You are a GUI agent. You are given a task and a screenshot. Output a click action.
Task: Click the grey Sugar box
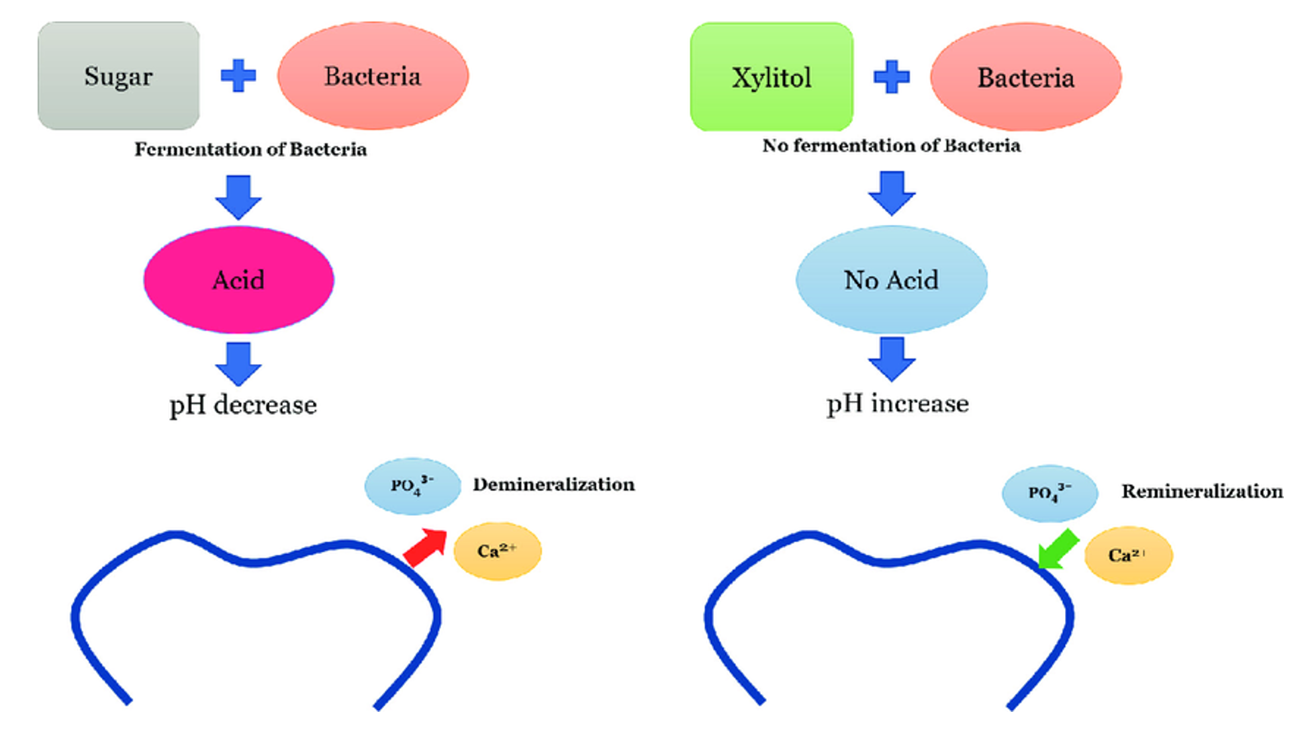(x=118, y=76)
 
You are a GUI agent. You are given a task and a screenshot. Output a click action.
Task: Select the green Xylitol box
(x=772, y=77)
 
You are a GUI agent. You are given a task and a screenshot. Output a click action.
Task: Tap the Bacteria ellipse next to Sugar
(x=373, y=76)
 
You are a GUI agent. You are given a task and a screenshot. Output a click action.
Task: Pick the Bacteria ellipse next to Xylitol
(x=1025, y=77)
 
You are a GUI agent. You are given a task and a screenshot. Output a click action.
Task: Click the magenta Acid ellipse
(x=238, y=279)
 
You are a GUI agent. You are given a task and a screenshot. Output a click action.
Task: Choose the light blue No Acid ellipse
(x=891, y=279)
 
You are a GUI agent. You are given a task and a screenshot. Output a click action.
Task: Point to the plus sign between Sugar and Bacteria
(x=238, y=75)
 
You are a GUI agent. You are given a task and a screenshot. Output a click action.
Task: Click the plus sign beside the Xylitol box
(x=891, y=77)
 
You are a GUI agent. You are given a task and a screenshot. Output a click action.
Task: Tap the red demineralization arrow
(x=426, y=547)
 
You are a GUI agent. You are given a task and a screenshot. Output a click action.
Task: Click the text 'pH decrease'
(x=242, y=405)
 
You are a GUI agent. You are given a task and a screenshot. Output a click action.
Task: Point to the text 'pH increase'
(x=897, y=403)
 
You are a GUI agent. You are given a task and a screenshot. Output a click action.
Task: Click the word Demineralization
(x=553, y=484)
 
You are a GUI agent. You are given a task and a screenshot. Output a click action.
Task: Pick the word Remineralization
(x=1202, y=491)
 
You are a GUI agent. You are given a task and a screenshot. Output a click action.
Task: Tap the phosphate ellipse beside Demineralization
(x=412, y=486)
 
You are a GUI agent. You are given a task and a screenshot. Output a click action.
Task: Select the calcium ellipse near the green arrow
(x=1128, y=555)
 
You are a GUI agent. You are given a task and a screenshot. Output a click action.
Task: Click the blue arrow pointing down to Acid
(x=238, y=196)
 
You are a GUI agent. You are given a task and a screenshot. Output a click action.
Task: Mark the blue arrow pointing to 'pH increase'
(x=891, y=359)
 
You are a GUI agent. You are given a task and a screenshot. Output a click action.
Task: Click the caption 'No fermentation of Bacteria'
(x=891, y=145)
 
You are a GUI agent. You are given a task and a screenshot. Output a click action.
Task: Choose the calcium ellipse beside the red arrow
(x=497, y=551)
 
